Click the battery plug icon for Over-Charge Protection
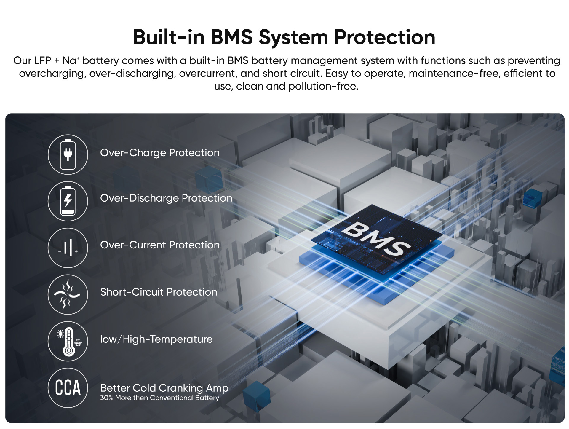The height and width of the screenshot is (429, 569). (68, 154)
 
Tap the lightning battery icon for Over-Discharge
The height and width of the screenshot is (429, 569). (68, 201)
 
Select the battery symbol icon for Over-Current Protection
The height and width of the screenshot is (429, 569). (68, 248)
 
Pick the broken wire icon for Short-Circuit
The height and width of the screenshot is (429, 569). (68, 294)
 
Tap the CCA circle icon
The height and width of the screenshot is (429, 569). (68, 388)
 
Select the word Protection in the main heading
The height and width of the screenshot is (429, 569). (385, 37)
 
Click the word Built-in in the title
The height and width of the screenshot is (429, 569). (169, 37)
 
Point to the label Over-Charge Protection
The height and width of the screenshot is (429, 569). (160, 153)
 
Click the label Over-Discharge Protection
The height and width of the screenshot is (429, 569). (166, 198)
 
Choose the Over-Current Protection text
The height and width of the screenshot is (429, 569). (160, 245)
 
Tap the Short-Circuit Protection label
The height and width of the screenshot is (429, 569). (159, 292)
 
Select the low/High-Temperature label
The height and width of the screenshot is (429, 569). (156, 339)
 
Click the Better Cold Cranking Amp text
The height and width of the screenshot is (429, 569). (164, 388)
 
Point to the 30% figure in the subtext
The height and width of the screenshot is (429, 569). (107, 398)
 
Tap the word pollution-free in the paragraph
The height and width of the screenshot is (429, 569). (323, 86)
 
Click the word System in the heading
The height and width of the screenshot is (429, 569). (293, 38)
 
